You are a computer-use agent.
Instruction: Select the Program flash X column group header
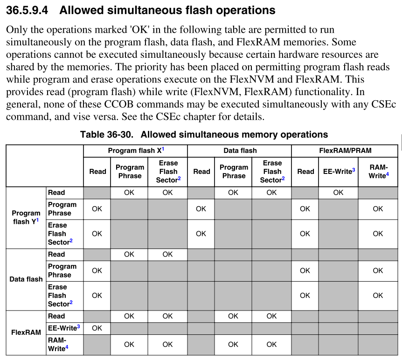click(135, 151)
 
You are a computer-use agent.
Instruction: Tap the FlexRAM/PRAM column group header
click(345, 151)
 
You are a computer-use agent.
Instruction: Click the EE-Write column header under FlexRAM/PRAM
click(339, 171)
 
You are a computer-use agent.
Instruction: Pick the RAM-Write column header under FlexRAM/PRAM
click(378, 171)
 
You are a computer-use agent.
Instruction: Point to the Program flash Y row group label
click(26, 217)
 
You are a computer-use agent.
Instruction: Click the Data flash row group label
click(26, 279)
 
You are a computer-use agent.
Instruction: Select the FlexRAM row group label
click(26, 333)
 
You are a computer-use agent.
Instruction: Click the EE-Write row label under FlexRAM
click(63, 328)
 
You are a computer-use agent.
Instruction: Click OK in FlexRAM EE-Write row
click(97, 328)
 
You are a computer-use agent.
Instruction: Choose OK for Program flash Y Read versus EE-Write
click(338, 193)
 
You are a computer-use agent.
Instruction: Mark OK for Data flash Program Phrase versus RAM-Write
click(378, 270)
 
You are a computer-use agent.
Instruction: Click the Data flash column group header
click(240, 151)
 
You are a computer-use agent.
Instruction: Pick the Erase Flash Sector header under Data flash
click(272, 172)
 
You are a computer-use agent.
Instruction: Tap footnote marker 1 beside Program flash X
click(163, 149)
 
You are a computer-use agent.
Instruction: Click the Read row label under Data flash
click(56, 254)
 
